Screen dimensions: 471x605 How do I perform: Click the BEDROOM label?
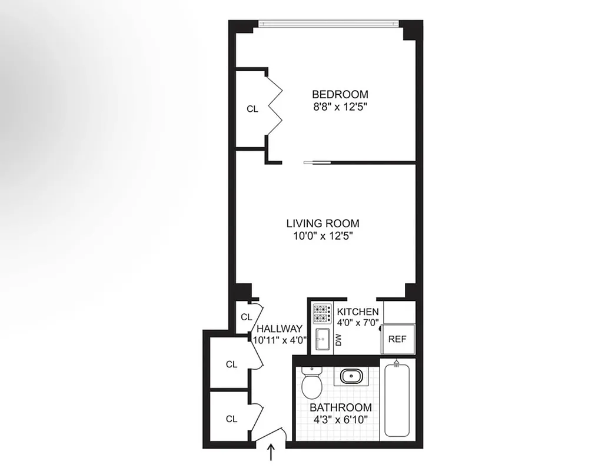(x=340, y=94)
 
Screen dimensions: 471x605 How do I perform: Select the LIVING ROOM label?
(x=323, y=224)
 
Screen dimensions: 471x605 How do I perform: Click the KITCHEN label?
(x=357, y=311)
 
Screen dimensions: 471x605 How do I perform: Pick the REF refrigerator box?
(x=398, y=339)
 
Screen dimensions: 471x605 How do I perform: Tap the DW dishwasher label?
(x=338, y=340)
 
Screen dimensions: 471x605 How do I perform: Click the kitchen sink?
(x=323, y=340)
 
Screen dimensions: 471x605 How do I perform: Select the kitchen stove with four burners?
(x=322, y=314)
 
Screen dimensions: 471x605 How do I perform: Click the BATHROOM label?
(x=341, y=407)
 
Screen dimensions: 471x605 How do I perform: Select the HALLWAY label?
(x=280, y=329)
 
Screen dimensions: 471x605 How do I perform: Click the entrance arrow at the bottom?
(x=272, y=452)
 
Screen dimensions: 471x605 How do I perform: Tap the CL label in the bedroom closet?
(x=252, y=109)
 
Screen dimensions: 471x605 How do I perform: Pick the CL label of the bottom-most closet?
(x=232, y=419)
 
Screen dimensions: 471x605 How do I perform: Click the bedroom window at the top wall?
(x=329, y=24)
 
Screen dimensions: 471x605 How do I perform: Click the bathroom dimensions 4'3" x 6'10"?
(x=341, y=420)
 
